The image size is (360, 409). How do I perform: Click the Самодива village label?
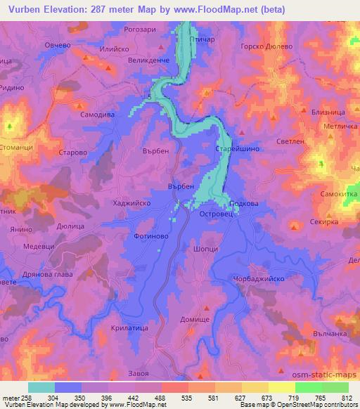tap(97, 114)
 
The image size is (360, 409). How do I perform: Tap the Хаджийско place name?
tap(131, 202)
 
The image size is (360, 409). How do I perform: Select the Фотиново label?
tap(150, 237)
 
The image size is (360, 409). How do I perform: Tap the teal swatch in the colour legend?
tap(41, 387)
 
